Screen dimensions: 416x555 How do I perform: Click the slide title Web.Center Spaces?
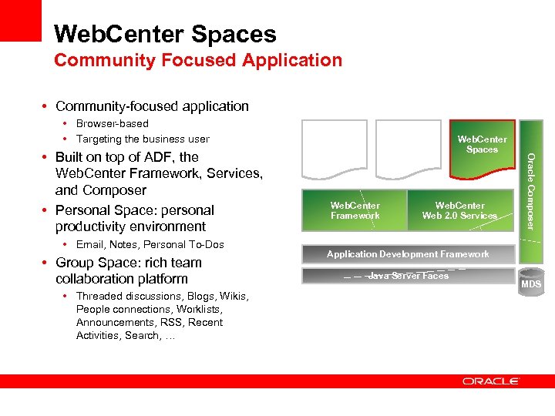pos(165,34)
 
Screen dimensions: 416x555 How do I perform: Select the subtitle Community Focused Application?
pos(198,60)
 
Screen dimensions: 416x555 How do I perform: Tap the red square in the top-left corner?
pos(20,20)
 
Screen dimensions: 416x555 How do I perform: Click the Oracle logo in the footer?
pos(491,381)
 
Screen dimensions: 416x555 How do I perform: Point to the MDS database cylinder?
pos(530,282)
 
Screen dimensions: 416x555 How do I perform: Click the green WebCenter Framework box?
pos(354,211)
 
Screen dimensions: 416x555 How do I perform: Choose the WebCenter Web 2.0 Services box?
pos(460,211)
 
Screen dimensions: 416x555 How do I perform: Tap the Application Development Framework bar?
pos(408,254)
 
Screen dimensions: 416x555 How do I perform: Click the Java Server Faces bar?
pos(408,276)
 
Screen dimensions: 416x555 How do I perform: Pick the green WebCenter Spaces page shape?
pos(481,151)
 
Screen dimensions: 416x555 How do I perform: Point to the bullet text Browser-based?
pos(113,123)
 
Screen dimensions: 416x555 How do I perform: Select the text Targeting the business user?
pos(143,139)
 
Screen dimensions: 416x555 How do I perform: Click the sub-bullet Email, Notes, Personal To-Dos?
pos(150,245)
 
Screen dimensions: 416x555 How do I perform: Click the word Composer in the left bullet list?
pos(115,190)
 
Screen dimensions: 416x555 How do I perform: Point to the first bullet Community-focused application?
pos(152,106)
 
